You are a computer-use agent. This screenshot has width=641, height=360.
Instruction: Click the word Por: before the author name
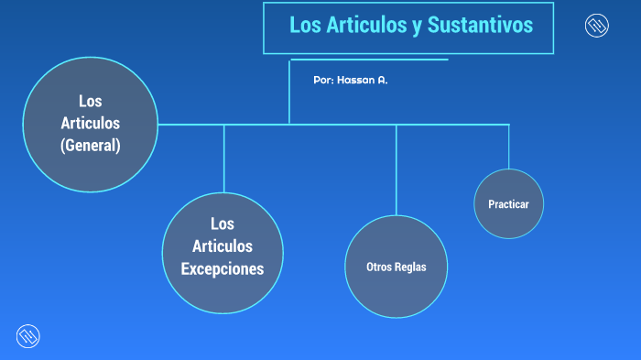point(322,81)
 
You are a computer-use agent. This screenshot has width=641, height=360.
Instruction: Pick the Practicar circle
point(509,203)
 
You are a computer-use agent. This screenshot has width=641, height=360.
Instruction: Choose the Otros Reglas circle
point(396,267)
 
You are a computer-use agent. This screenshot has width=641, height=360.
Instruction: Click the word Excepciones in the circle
point(223,268)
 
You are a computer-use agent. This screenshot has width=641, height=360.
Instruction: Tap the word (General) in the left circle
point(91,145)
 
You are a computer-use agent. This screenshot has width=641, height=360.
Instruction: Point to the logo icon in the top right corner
point(597,26)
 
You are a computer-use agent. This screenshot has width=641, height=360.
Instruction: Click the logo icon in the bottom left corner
point(28,336)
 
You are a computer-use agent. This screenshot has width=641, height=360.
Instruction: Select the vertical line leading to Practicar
point(509,147)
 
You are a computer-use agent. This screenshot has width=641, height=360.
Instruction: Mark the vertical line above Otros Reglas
point(397,169)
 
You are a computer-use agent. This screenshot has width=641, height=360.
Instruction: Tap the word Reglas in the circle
point(410,267)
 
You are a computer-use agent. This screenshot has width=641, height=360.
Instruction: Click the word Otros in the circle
point(379,267)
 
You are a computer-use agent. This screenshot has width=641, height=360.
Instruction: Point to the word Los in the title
point(303,26)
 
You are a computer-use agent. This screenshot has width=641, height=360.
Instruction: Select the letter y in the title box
point(417,27)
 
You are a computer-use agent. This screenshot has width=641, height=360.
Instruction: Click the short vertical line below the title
point(289,92)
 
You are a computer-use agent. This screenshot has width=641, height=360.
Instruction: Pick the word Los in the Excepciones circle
point(223,224)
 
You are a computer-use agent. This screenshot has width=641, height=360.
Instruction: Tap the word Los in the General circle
point(91,101)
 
